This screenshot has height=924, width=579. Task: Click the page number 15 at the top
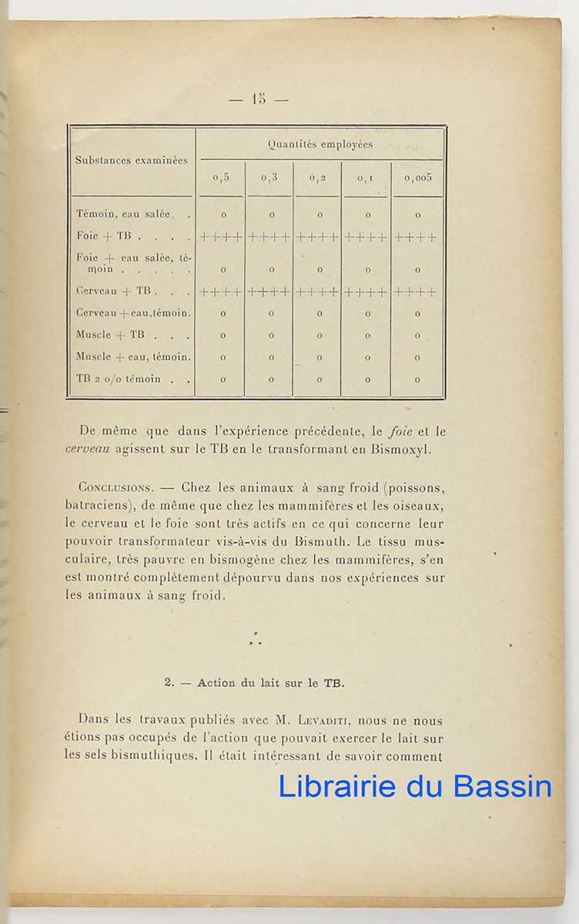(x=258, y=99)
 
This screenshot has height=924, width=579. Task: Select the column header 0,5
(x=222, y=177)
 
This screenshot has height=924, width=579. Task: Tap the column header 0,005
(x=418, y=177)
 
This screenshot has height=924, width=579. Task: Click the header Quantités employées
(x=320, y=144)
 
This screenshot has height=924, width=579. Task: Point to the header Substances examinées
(x=131, y=160)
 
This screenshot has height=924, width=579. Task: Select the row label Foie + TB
(x=105, y=236)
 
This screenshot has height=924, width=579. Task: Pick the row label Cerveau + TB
(x=112, y=292)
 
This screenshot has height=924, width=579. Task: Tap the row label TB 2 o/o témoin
(x=119, y=379)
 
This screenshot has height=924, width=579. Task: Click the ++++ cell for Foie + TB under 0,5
(x=222, y=237)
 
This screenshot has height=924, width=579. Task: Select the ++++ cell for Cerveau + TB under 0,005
(x=416, y=293)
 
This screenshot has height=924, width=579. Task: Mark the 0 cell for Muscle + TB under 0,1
(x=368, y=336)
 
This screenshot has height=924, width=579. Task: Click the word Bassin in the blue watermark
(x=502, y=786)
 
